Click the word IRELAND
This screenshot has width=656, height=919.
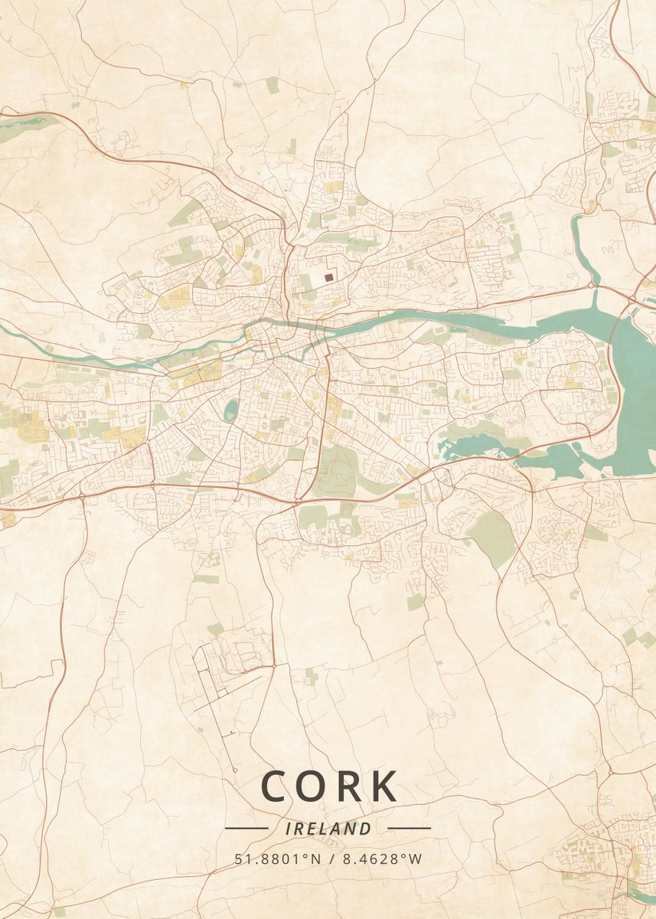328,829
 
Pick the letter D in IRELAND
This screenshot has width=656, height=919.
366,829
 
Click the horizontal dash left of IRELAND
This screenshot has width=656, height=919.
246,828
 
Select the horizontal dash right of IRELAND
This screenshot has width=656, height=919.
410,828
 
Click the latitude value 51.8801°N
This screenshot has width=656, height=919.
277,859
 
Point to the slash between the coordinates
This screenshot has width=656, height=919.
330,859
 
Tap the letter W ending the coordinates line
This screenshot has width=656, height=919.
416,859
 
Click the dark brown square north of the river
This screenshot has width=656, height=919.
328,277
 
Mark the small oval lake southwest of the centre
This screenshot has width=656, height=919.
230,410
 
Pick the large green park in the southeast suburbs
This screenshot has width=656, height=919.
492,536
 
